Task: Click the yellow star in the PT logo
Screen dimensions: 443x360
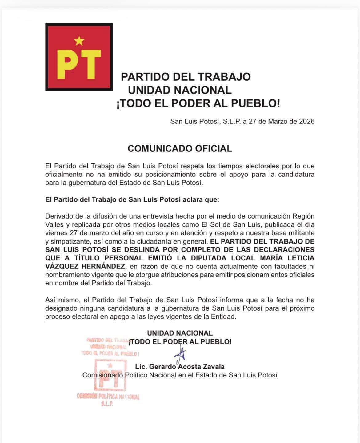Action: (79, 41)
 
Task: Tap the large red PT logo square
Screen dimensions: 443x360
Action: (79, 57)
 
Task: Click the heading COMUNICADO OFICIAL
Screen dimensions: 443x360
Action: (180, 149)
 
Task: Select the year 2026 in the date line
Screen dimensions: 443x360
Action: (306, 121)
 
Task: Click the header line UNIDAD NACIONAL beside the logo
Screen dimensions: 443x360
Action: (180, 90)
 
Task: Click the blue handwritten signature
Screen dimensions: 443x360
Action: (181, 354)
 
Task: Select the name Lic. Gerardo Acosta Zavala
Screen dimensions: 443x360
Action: (180, 367)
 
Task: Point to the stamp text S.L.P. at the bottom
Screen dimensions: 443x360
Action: (107, 404)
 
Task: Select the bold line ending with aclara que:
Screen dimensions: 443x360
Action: (132, 199)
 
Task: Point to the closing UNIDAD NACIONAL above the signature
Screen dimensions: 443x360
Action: (180, 333)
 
